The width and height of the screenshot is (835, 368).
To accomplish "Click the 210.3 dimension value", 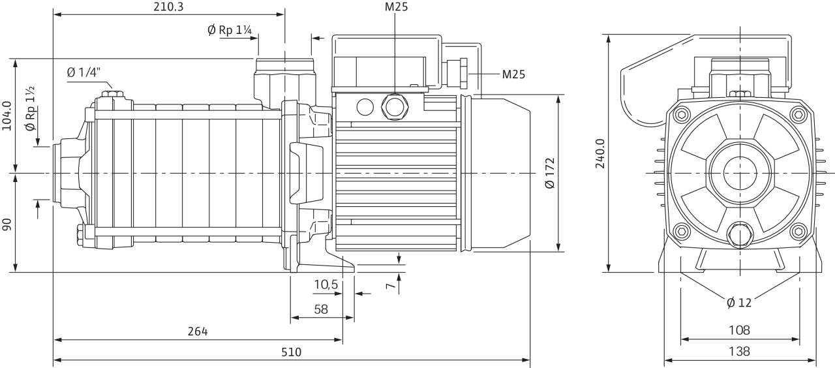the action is pyautogui.click(x=168, y=7).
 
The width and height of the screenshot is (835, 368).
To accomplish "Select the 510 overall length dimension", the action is pyautogui.click(x=291, y=352).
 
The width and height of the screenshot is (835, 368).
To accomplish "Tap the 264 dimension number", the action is pyautogui.click(x=198, y=331).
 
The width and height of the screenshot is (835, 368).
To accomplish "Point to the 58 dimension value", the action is pyautogui.click(x=321, y=309).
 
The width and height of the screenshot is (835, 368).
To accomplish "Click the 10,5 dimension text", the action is pyautogui.click(x=326, y=284).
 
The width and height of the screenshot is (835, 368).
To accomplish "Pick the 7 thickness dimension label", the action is pyautogui.click(x=390, y=286).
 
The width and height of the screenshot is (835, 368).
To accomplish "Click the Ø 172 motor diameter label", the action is pyautogui.click(x=550, y=173).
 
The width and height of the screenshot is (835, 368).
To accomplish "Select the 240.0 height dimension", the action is pyautogui.click(x=600, y=153).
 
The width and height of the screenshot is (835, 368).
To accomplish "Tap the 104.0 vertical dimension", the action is pyautogui.click(x=7, y=116).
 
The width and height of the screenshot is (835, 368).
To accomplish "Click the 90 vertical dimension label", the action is pyautogui.click(x=7, y=224).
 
